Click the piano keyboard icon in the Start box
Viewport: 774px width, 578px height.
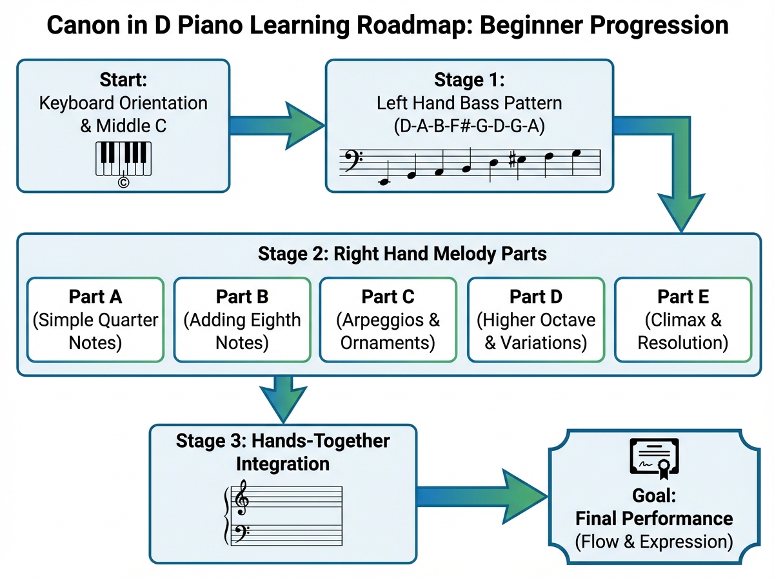[124, 158]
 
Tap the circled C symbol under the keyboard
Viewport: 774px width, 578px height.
[124, 183]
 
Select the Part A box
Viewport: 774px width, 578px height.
[95, 319]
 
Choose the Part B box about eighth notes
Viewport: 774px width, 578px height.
[243, 319]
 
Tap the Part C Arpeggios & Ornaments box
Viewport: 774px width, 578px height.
[388, 319]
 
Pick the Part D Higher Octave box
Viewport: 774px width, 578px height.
[535, 319]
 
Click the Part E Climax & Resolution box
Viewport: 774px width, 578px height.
[682, 319]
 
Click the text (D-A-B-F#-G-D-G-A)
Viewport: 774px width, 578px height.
[469, 126]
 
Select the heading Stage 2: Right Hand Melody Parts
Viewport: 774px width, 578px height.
[402, 254]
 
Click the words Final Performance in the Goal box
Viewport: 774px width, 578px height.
[653, 518]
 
